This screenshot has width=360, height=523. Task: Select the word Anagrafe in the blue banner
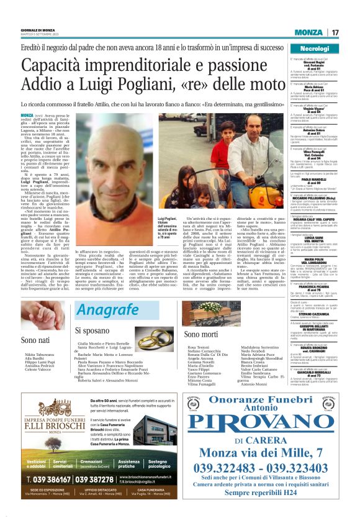[x=106, y=311]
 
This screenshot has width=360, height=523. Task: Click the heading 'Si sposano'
[x=92, y=330]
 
